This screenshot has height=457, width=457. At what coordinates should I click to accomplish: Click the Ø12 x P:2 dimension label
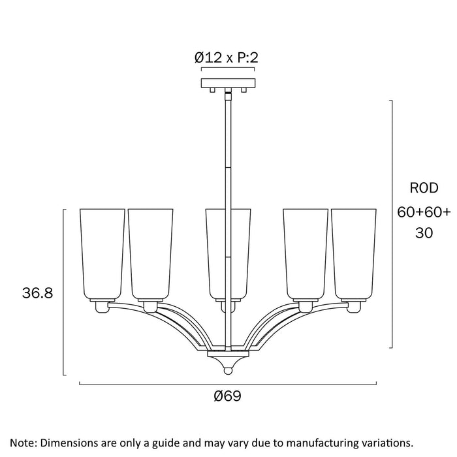coord(227,57)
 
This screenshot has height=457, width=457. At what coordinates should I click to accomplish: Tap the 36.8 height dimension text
coord(37,293)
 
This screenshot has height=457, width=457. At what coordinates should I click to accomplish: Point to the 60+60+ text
coord(423,212)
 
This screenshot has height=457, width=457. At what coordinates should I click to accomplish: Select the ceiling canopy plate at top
coord(228,84)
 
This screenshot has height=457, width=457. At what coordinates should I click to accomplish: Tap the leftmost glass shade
coord(102,253)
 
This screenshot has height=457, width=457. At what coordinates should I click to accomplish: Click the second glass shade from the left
coord(151,253)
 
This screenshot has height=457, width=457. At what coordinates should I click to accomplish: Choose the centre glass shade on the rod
coord(228,253)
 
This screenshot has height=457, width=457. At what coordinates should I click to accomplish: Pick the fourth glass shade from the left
coord(305,253)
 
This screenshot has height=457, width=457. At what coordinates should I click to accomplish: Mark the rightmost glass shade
coord(354,253)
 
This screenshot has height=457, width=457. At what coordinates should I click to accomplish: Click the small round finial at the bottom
coord(228,370)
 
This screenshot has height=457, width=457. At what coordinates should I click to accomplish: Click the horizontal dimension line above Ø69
coord(228,384)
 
